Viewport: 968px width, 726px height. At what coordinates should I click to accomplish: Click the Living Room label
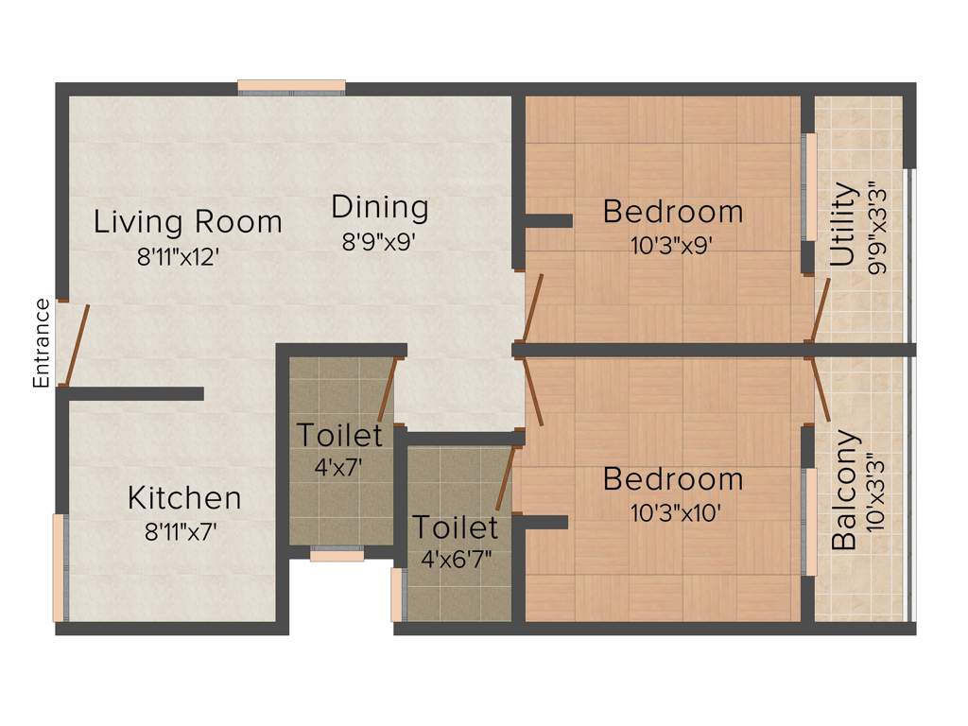(187, 222)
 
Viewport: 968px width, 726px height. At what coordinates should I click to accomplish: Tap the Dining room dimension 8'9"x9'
(379, 241)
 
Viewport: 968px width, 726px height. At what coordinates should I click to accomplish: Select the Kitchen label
(184, 497)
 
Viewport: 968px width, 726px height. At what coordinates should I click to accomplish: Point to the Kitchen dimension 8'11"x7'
(181, 531)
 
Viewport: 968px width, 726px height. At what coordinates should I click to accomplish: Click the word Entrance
(41, 343)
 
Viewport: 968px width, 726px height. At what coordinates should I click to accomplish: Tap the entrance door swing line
(76, 345)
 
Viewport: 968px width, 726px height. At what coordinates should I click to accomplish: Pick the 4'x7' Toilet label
(339, 436)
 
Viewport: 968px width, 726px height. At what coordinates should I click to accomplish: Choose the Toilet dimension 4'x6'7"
(455, 560)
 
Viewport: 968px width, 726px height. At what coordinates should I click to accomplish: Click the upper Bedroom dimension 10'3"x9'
(672, 245)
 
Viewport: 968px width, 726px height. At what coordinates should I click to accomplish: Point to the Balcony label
(845, 491)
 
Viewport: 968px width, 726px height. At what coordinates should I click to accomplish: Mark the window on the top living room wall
(291, 88)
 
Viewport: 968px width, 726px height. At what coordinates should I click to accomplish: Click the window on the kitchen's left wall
(60, 567)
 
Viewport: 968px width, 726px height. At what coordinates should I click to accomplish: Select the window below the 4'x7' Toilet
(337, 556)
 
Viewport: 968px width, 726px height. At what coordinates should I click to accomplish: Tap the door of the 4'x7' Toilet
(387, 389)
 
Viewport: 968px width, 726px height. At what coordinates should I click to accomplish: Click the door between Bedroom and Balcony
(821, 389)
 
